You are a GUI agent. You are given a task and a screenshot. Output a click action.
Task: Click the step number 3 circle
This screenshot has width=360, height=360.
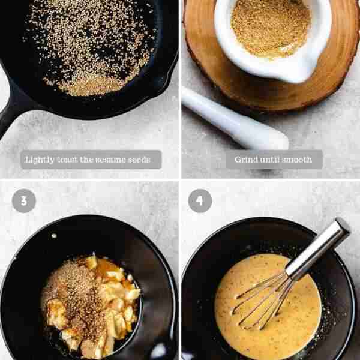(x=23, y=201)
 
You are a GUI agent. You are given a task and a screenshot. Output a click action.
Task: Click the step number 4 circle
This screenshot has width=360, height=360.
(x=200, y=201)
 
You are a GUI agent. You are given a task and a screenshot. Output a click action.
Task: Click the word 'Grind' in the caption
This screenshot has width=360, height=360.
(x=246, y=160)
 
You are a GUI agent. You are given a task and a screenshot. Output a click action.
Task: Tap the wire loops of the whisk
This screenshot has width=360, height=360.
(x=264, y=300)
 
